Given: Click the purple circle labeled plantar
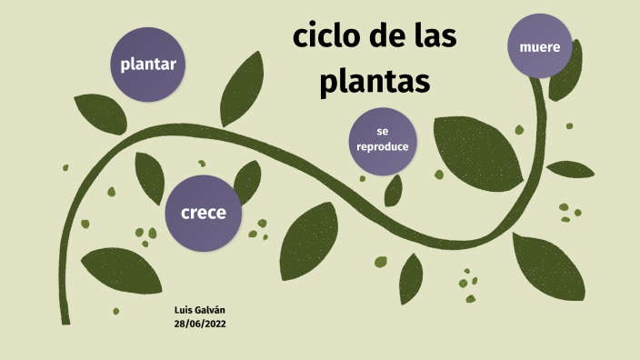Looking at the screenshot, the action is pos(148,65).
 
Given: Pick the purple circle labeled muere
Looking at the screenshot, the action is pos(540,46).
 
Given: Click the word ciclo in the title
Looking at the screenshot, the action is pos(325,38).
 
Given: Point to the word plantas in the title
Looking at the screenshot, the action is pos(373,82).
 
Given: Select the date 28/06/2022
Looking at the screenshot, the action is pos(200,324).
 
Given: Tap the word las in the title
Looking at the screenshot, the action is pos(431,38).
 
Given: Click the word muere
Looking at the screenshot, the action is pos(540,46).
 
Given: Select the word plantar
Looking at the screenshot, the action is pos(148,65).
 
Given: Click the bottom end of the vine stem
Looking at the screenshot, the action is pos(65,318).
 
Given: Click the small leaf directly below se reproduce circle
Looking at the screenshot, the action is pos(394,190).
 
